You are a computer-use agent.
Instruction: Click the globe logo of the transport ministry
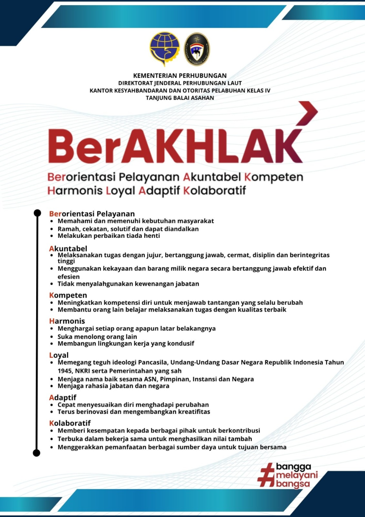pos(164,49)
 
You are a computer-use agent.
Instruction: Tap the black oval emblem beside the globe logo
pos(197,49)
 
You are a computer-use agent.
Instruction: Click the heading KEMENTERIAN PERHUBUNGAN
pos(180,76)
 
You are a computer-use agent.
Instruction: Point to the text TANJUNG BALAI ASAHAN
pos(180,98)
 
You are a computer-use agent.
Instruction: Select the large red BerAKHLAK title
pos(175,146)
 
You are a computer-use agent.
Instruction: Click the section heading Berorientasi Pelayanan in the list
pos(92,214)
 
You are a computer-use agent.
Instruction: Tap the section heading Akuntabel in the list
pos(68,249)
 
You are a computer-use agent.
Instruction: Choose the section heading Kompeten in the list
pos(68,295)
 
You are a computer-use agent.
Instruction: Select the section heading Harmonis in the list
pos(67,321)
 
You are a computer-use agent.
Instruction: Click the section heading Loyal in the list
pos(59,355)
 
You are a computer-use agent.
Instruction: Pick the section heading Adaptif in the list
pos(63,398)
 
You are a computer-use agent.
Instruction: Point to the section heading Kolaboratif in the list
pos(70,423)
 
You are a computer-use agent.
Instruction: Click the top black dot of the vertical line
pos(37,213)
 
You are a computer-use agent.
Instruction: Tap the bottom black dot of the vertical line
pos(36,453)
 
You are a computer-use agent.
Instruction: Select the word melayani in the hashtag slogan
pos(297,475)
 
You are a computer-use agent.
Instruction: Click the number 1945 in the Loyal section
pos(65,371)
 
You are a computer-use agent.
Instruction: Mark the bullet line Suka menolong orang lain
pos(97,337)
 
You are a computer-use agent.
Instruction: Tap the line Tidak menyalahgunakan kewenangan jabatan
pos(128,284)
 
